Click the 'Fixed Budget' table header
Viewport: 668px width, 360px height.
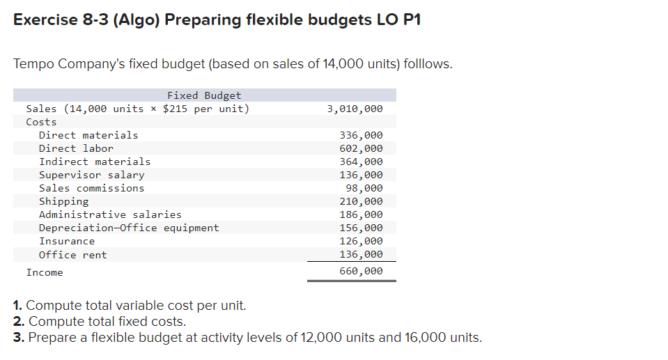click(204, 95)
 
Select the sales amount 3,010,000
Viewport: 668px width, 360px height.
click(355, 109)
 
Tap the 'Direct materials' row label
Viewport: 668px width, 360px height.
click(88, 135)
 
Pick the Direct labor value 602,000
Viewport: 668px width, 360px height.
click(360, 148)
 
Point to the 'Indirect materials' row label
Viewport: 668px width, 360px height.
click(95, 162)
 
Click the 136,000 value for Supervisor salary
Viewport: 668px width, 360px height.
click(360, 175)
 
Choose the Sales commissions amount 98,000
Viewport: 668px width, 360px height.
click(364, 188)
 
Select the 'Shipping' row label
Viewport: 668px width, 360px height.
click(63, 201)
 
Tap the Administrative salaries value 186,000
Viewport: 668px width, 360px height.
click(360, 214)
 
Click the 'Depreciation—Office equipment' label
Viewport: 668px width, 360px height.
click(129, 228)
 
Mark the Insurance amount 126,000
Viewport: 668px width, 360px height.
click(360, 241)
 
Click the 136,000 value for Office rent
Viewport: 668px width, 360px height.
click(360, 255)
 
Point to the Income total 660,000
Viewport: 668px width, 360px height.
click(360, 272)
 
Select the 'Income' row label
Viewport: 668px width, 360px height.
click(45, 272)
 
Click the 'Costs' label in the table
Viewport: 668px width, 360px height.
click(41, 122)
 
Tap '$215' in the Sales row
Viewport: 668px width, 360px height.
click(175, 109)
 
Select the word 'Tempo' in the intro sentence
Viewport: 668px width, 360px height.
click(33, 64)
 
